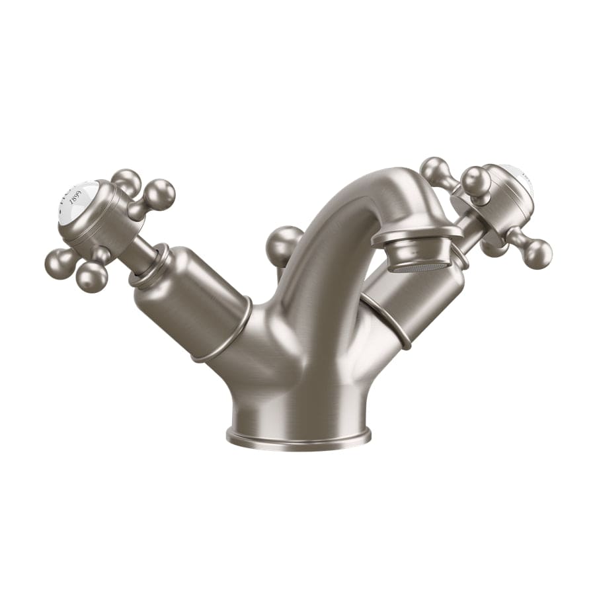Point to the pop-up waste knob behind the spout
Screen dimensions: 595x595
pyautogui.click(x=284, y=245)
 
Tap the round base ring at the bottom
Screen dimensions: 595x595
pyautogui.click(x=298, y=436)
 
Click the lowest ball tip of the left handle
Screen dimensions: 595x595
pyautogui.click(x=92, y=278)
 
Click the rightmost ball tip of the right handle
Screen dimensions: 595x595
pyautogui.click(x=536, y=253)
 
